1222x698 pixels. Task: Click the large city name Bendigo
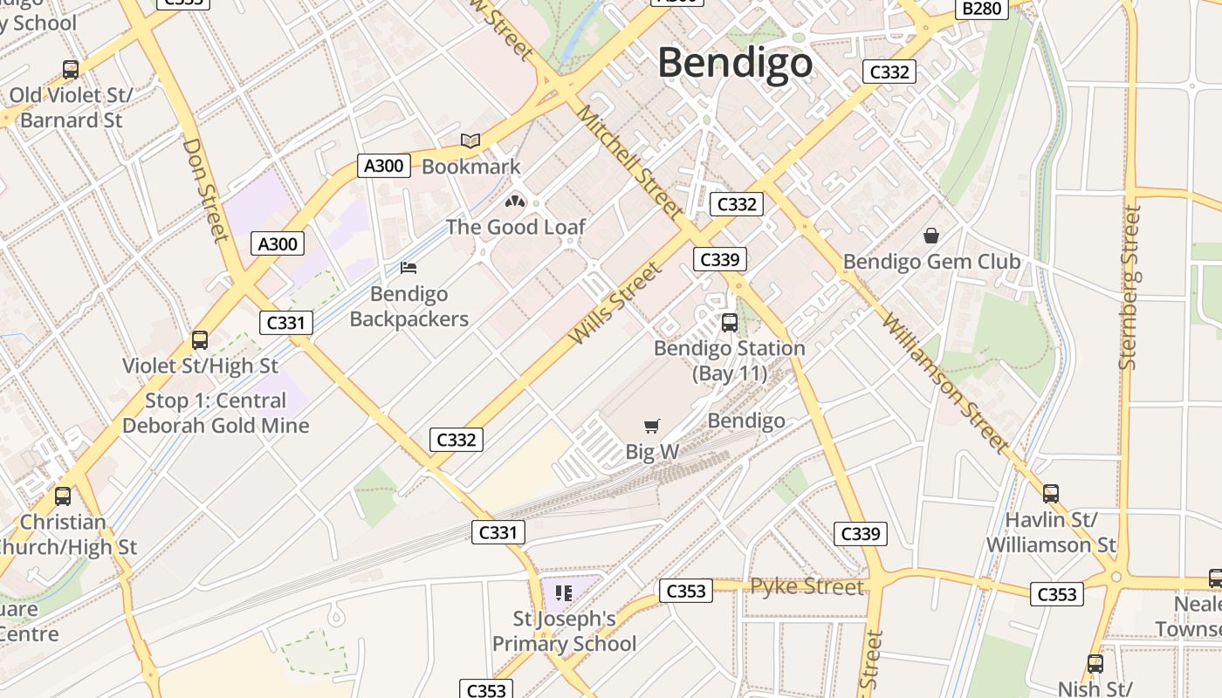pyautogui.click(x=735, y=63)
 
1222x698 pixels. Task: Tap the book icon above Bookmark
pyautogui.click(x=470, y=140)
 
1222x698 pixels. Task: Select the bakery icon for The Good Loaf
pyautogui.click(x=515, y=202)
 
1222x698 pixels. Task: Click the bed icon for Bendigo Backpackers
pyautogui.click(x=408, y=268)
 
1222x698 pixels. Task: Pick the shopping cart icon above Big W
pyautogui.click(x=651, y=426)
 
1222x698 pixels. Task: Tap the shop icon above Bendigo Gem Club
pyautogui.click(x=931, y=236)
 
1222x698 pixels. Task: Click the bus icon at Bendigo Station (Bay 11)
pyautogui.click(x=730, y=323)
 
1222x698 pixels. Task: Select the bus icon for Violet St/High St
pyautogui.click(x=200, y=340)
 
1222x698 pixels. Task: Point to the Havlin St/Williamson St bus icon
pyautogui.click(x=1051, y=494)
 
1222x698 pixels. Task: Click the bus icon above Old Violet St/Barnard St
pyautogui.click(x=71, y=70)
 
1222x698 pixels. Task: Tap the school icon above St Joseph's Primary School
pyautogui.click(x=564, y=593)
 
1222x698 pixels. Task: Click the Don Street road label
pyautogui.click(x=206, y=189)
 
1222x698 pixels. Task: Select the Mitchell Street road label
pyautogui.click(x=628, y=161)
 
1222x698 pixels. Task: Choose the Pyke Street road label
pyautogui.click(x=807, y=586)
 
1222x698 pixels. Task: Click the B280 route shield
pyautogui.click(x=982, y=9)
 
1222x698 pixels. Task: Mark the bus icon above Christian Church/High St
pyautogui.click(x=63, y=496)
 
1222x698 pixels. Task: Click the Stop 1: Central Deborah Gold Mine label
pyautogui.click(x=216, y=414)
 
